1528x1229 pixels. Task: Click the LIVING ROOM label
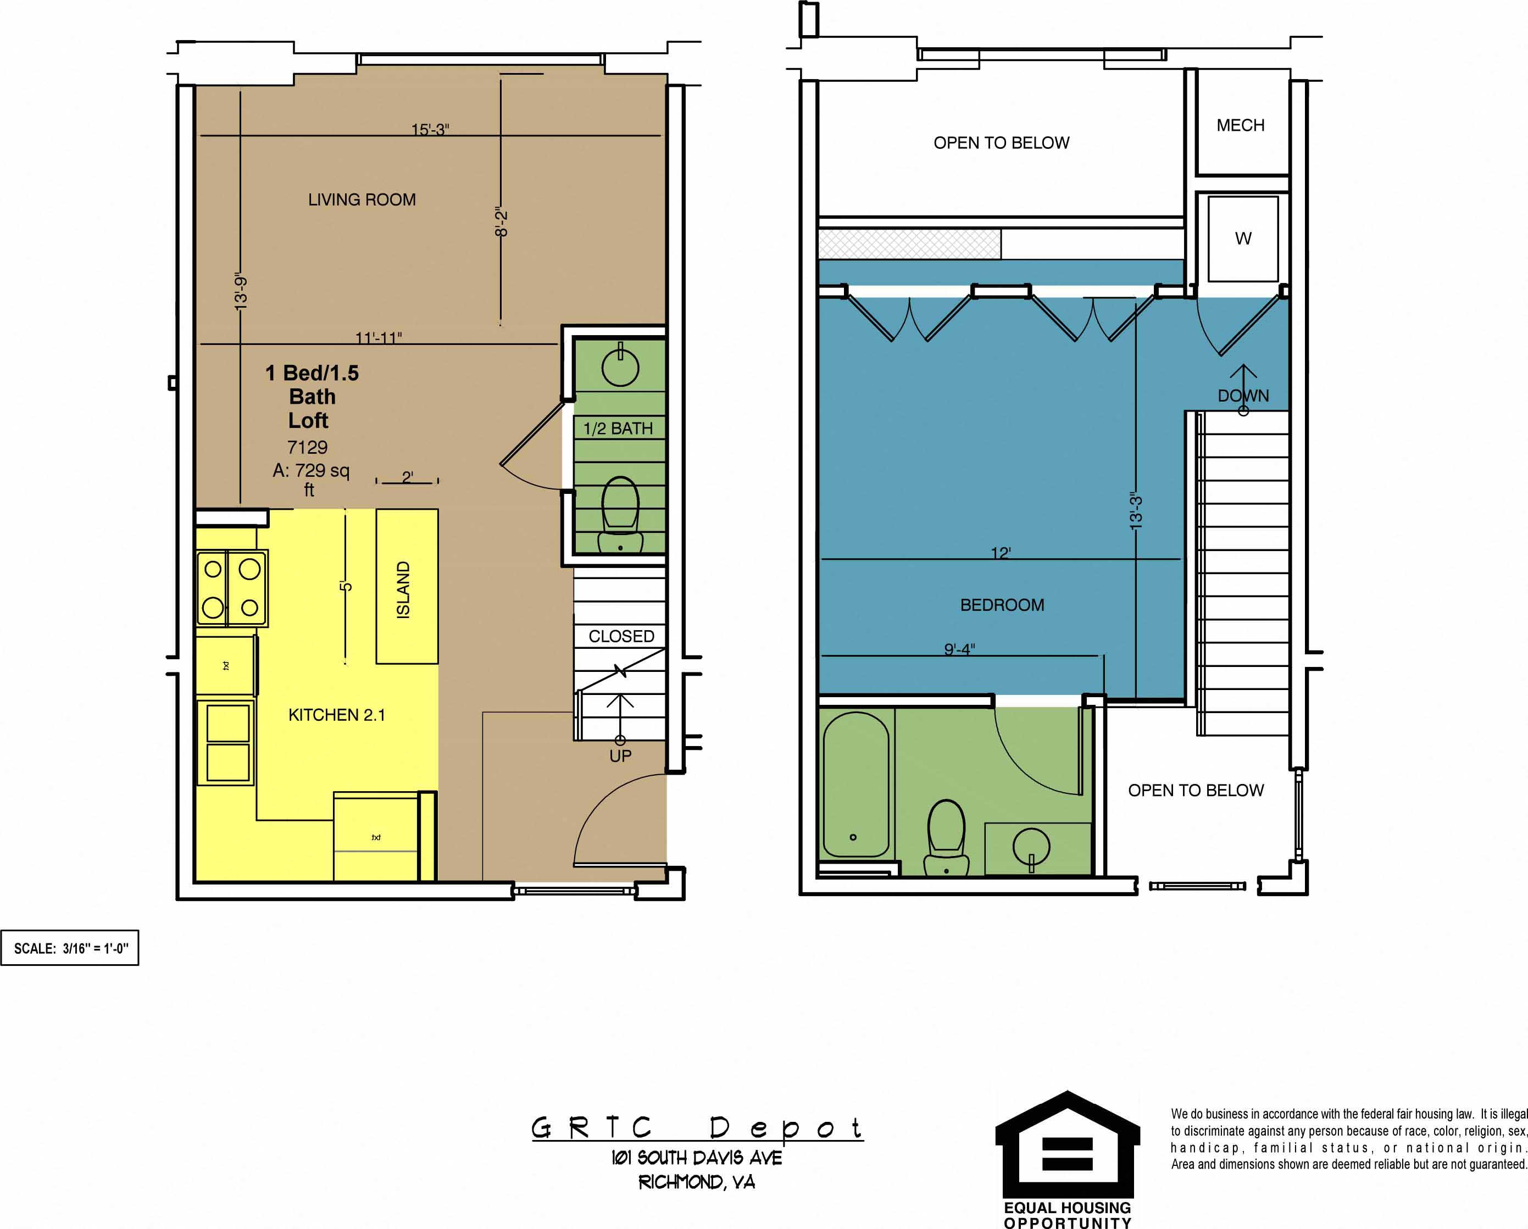point(362,200)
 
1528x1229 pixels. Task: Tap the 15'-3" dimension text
point(430,130)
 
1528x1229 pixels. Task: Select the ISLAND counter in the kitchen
point(406,586)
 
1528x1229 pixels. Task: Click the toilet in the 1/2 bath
point(620,514)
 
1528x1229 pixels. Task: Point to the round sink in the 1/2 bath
point(620,367)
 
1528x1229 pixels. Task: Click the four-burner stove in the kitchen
point(232,588)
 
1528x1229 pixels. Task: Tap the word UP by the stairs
point(620,757)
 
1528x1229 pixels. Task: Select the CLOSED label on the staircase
point(621,636)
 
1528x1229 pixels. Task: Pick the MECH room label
point(1240,125)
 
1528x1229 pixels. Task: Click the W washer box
point(1243,239)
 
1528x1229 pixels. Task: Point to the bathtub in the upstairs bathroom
point(855,785)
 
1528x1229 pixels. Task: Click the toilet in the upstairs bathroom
point(946,836)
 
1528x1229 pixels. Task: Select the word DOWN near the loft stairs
point(1243,396)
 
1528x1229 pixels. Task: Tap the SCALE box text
point(71,948)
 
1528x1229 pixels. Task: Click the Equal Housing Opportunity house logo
point(1068,1148)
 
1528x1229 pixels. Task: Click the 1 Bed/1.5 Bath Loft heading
point(312,396)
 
